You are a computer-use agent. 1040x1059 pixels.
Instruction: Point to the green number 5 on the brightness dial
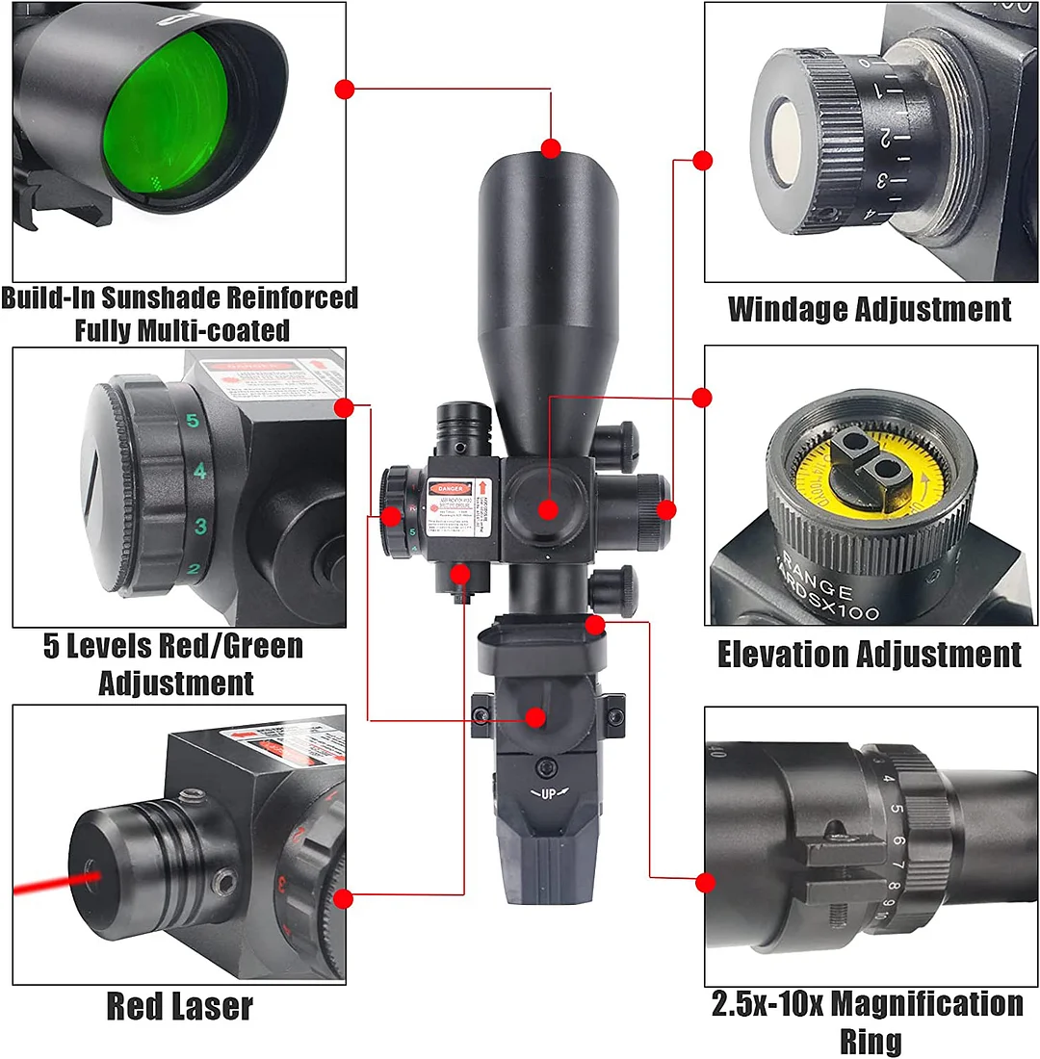point(192,421)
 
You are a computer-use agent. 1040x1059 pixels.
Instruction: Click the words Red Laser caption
point(179,1007)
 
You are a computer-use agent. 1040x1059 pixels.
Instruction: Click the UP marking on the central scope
point(548,793)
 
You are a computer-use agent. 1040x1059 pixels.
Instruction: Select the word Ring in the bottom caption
point(871,1041)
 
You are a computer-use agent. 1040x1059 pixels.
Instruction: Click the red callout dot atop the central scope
point(551,148)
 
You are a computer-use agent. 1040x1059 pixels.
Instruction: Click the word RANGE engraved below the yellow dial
point(819,583)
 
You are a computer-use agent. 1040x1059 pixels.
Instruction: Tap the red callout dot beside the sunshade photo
point(345,90)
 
